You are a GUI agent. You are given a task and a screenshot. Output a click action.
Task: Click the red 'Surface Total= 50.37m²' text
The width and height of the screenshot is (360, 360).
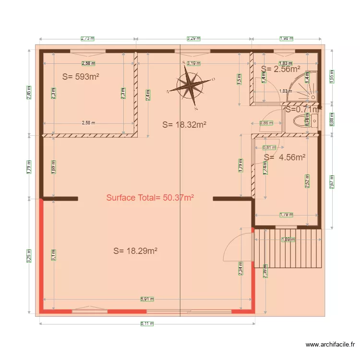150,197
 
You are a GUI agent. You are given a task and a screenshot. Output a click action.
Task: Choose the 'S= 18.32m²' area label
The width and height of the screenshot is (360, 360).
184,125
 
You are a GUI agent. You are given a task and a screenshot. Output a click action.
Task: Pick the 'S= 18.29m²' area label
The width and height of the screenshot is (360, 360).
136,251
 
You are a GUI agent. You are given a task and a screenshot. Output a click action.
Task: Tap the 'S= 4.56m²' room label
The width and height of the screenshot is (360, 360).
285,157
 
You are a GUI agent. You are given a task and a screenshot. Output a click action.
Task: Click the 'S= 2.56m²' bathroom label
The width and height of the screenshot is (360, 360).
280,69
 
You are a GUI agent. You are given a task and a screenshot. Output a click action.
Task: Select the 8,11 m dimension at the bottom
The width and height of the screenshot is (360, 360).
147,324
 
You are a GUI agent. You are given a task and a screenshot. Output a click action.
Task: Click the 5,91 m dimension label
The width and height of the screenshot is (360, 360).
147,299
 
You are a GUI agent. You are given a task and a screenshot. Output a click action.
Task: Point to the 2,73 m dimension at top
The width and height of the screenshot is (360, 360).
88,38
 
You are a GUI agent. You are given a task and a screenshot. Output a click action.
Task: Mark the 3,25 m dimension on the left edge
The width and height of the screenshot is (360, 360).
30,256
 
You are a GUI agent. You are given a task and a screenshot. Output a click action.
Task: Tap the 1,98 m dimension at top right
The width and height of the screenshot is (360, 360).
287,38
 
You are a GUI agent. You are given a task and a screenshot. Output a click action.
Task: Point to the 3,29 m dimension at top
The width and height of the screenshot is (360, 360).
193,38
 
